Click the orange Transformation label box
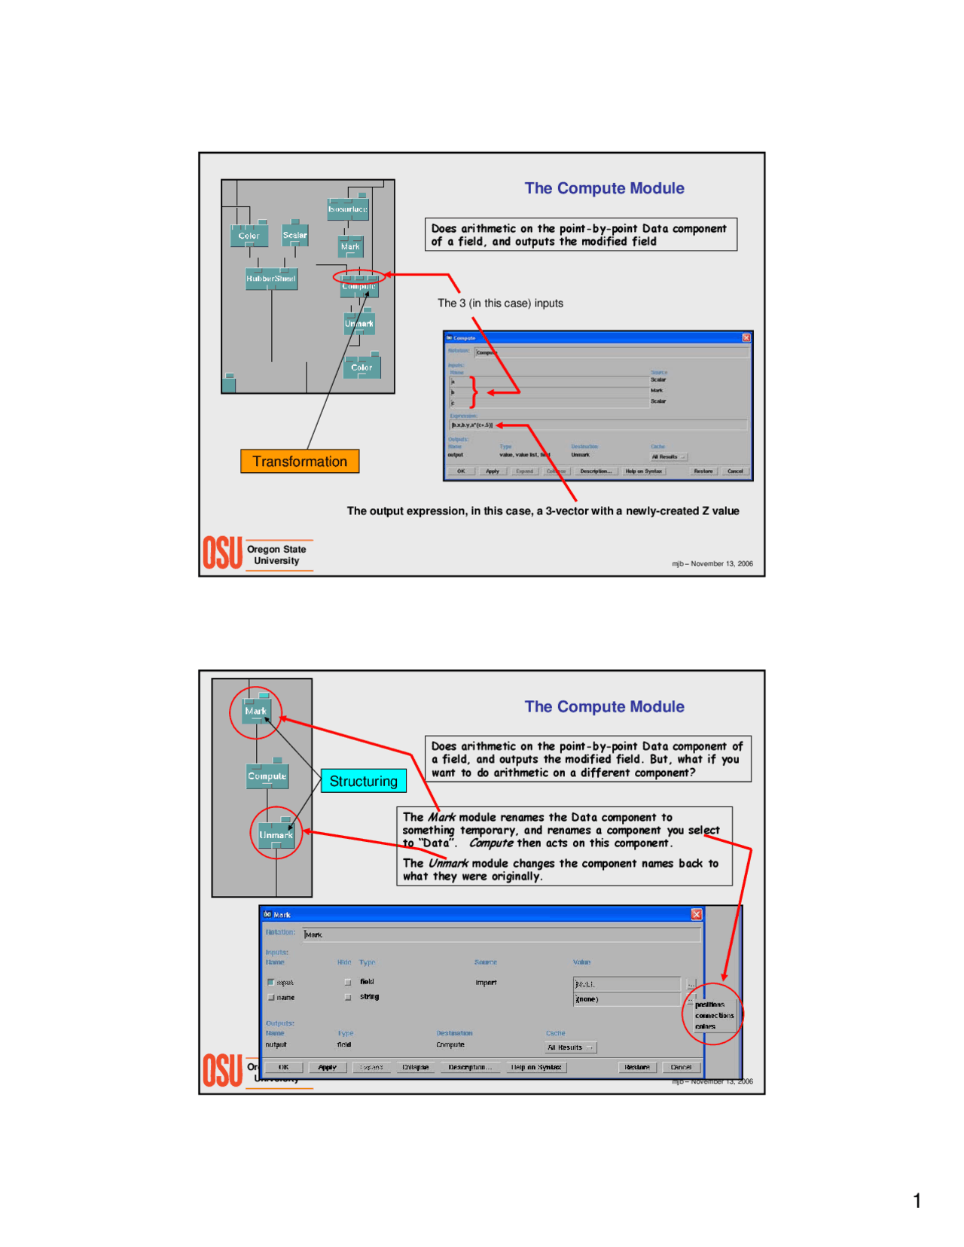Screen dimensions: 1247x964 tap(299, 461)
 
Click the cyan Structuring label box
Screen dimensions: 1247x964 tap(363, 781)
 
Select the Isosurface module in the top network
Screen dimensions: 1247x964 tap(348, 209)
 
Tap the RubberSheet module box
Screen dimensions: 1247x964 tap(271, 279)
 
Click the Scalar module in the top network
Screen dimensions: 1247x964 tap(294, 235)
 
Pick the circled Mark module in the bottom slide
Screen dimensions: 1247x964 tap(256, 711)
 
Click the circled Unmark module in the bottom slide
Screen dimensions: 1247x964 tap(276, 834)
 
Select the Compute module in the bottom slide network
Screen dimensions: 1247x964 tap(267, 776)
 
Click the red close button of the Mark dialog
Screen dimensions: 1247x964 tap(696, 914)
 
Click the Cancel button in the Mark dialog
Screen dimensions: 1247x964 tap(680, 1067)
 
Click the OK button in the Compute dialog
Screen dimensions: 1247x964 tap(461, 471)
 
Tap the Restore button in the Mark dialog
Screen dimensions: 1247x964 tap(637, 1067)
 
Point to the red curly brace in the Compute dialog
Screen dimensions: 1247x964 tap(474, 392)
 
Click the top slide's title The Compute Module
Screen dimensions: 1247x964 tap(604, 188)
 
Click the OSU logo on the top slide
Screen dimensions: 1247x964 tap(223, 553)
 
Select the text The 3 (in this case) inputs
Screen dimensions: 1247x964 tap(500, 303)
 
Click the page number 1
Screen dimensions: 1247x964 tap(917, 1200)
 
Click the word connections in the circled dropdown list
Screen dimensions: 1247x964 tap(714, 1015)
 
